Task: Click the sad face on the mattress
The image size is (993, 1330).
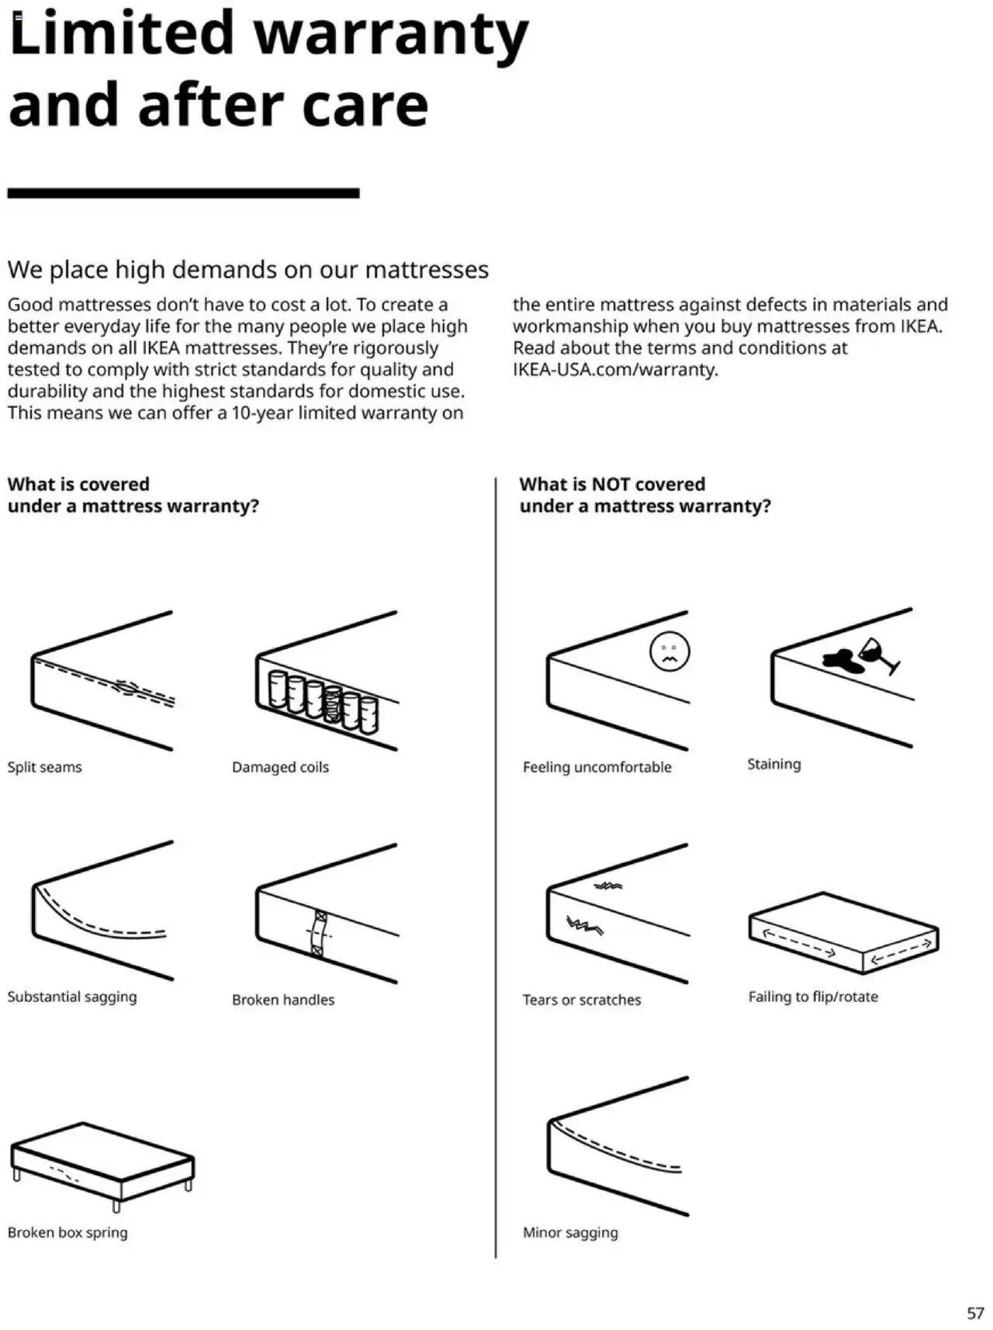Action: pos(669,652)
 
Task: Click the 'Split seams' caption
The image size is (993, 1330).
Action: pos(44,767)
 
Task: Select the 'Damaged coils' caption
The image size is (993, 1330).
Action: pos(280,767)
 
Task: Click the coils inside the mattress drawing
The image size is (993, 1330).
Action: pos(323,703)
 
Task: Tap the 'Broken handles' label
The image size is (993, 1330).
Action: pos(283,1000)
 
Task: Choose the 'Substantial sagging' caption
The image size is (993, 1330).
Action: pos(72,997)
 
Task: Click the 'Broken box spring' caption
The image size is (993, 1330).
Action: pos(67,1232)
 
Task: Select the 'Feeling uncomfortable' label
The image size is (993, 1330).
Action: pos(597,767)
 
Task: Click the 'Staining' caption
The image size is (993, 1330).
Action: pos(773,764)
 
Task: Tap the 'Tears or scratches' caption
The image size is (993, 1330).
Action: pos(581,1000)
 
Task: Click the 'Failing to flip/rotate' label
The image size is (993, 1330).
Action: pos(813,997)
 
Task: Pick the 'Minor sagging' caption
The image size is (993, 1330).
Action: pos(570,1232)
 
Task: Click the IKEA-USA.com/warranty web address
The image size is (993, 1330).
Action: pos(614,369)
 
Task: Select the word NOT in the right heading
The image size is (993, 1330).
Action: pos(611,484)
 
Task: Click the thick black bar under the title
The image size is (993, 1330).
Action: pos(183,192)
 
